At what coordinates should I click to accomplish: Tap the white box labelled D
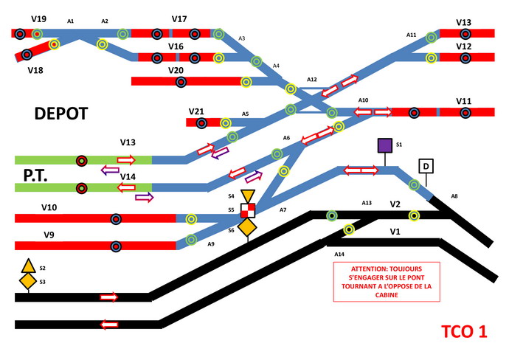[426, 166]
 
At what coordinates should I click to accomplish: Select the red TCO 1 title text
[463, 331]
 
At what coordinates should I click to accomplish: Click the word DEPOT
[61, 113]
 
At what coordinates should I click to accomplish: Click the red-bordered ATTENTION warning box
[387, 281]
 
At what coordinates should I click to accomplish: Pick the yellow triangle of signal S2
[28, 266]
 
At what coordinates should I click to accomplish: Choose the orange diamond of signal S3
[28, 281]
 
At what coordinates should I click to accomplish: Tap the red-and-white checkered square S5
[247, 210]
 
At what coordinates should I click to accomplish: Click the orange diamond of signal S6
[247, 228]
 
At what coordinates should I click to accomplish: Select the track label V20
[176, 70]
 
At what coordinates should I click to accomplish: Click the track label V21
[196, 111]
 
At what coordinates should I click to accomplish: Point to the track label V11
[463, 101]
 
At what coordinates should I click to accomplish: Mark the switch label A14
[339, 255]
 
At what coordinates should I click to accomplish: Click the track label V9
[49, 235]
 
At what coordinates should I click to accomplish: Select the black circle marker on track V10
[116, 218]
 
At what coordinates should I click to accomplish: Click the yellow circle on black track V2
[415, 215]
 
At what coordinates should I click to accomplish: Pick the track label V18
[35, 71]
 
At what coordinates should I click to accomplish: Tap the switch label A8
[454, 196]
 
